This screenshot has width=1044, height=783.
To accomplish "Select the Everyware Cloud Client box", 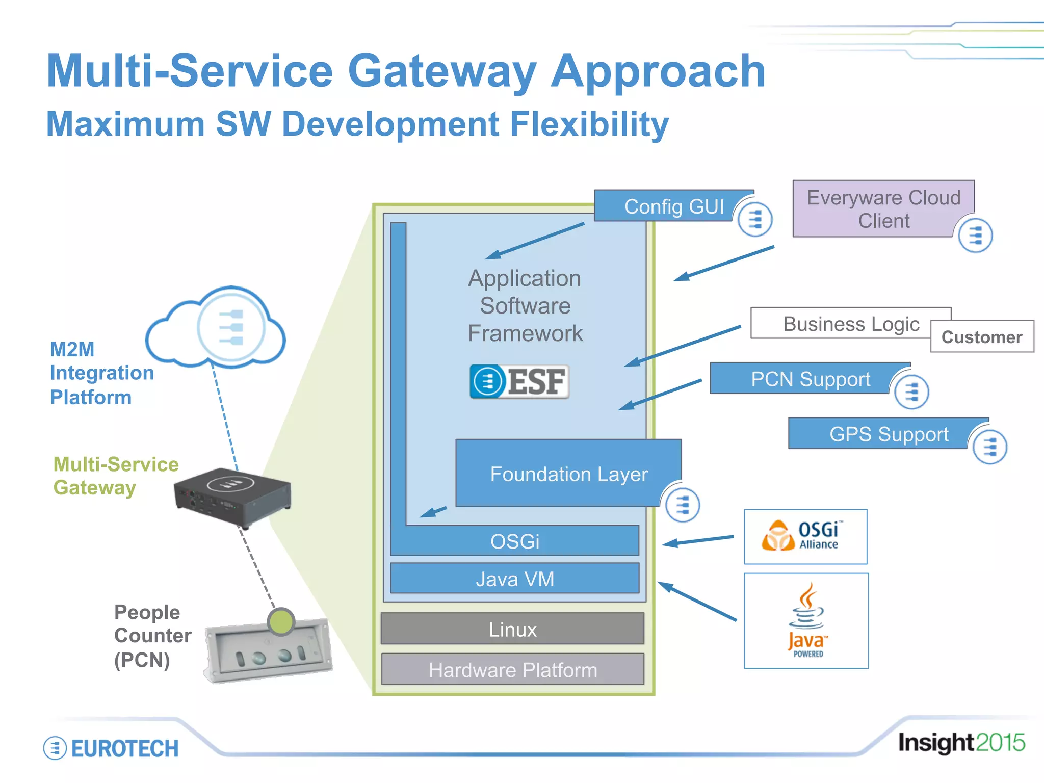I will [883, 209].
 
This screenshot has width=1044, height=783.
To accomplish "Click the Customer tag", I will [982, 337].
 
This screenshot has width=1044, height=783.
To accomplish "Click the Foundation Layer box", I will [568, 474].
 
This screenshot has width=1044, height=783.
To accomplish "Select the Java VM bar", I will [514, 579].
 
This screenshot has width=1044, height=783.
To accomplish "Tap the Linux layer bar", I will [512, 629].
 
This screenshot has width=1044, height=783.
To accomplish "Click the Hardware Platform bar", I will [512, 670].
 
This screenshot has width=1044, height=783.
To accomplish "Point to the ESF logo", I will [519, 381].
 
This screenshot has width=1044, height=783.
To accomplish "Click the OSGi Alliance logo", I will [805, 536].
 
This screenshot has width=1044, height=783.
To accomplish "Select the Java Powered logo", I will [806, 620].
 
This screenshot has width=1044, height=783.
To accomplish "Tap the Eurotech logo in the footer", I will [111, 748].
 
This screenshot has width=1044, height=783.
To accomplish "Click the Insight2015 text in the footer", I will [961, 743].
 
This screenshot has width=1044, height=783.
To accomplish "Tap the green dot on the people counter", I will [280, 621].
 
